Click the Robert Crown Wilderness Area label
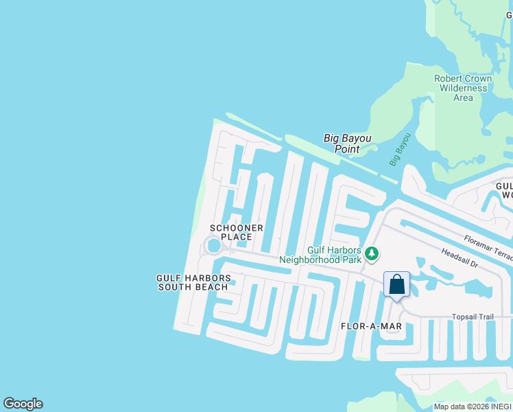(463, 88)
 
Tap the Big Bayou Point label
(347, 144)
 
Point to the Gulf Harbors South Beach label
(193, 282)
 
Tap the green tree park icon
(372, 254)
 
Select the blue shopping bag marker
(396, 284)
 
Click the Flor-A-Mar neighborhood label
(367, 325)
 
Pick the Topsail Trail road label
(473, 317)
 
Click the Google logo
(23, 404)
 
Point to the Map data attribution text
(473, 407)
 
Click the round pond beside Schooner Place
(214, 245)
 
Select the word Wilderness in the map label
(463, 88)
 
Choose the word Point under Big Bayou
(347, 149)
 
